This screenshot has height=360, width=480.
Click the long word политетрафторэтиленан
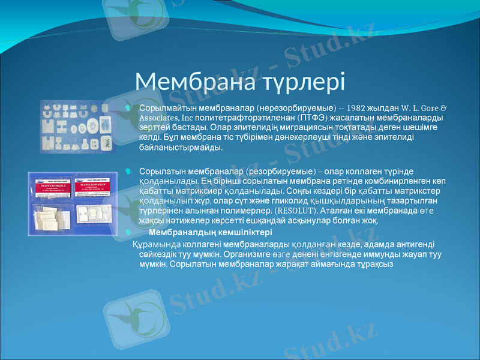click(x=242, y=118)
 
